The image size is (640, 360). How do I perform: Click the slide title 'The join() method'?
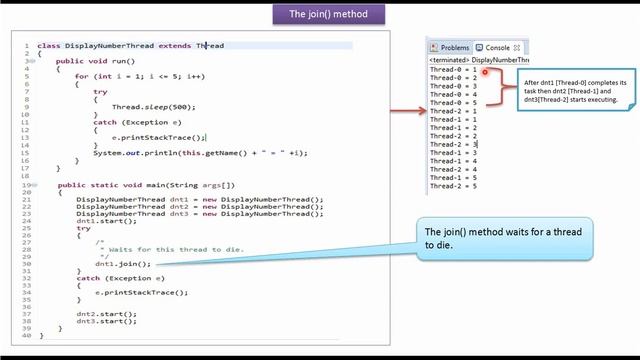click(319, 14)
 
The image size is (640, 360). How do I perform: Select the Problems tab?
click(450, 47)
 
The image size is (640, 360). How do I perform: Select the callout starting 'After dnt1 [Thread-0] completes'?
click(574, 89)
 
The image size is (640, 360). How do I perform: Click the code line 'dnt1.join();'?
click(116, 264)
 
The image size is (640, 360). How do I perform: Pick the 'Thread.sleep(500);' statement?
click(148, 103)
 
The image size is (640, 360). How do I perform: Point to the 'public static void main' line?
click(146, 185)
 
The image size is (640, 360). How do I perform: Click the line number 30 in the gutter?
click(29, 264)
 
